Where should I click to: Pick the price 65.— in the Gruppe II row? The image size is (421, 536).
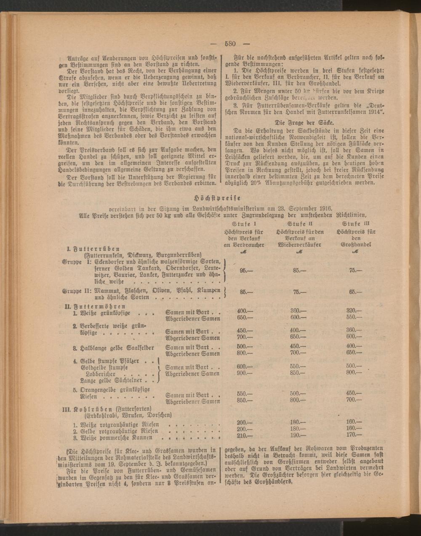355,291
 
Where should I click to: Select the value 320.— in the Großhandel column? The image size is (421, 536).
354,310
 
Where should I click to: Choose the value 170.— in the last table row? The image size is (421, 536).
354,436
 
